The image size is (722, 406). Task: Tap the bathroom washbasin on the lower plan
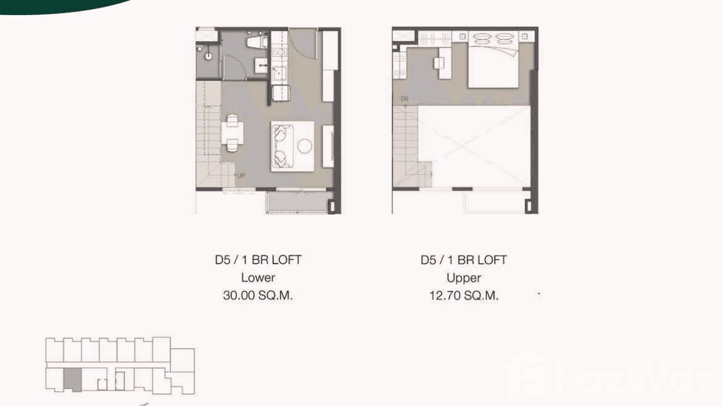coord(261,66)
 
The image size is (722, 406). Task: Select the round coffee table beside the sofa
coord(305,145)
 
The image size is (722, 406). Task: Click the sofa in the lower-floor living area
coord(281,144)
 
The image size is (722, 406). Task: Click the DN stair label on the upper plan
coord(405,99)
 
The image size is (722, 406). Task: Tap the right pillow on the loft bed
coord(504,39)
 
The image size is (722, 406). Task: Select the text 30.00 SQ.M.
coord(258,296)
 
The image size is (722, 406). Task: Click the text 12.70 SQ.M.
coord(464,296)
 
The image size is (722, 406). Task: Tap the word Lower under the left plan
coord(258,278)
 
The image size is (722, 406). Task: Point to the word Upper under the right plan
coord(464,278)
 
